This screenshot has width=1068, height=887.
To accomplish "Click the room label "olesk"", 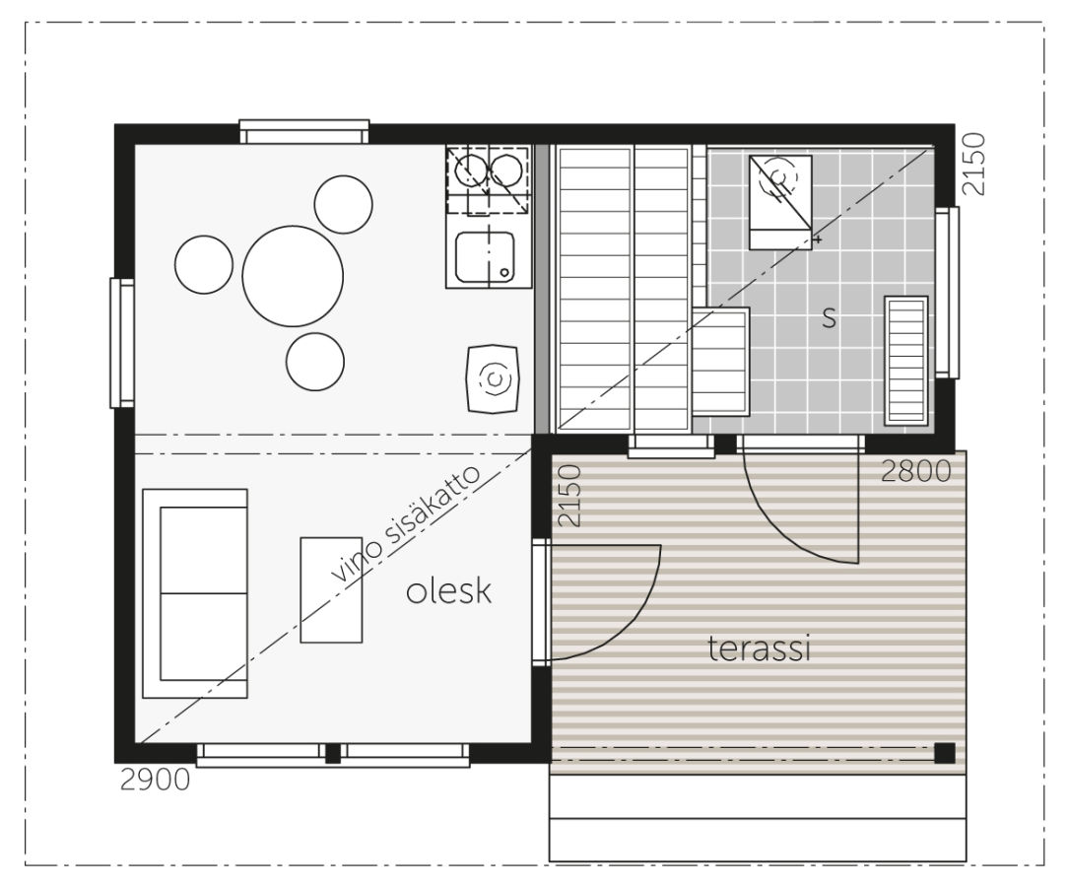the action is [x=448, y=590].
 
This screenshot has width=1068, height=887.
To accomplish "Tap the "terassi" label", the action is [x=759, y=648].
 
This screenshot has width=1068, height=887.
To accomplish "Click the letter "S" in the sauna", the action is [x=829, y=318].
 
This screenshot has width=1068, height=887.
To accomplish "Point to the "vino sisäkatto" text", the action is [x=407, y=523].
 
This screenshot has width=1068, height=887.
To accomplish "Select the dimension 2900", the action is [x=155, y=780].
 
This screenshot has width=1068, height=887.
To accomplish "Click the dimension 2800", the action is [x=915, y=471].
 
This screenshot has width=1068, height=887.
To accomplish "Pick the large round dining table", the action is [x=293, y=276].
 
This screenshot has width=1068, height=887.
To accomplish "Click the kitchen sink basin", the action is [x=485, y=257].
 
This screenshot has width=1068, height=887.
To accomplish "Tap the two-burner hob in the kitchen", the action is [x=489, y=179].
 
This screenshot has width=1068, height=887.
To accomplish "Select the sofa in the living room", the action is [x=195, y=593].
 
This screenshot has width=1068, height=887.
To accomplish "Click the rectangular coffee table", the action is [x=331, y=590].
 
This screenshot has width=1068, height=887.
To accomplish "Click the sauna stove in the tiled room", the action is [x=780, y=202].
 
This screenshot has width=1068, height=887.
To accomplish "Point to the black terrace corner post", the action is [x=944, y=753].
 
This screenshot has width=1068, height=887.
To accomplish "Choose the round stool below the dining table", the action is [x=314, y=362].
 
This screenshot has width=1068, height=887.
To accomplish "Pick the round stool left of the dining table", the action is [x=204, y=264].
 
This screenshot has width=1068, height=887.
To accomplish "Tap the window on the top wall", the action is [x=304, y=131].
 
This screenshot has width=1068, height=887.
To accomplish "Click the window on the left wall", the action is [x=122, y=343].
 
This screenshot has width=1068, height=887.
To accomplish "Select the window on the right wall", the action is [x=947, y=293].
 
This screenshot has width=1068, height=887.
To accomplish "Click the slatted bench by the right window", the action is [x=905, y=361].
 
